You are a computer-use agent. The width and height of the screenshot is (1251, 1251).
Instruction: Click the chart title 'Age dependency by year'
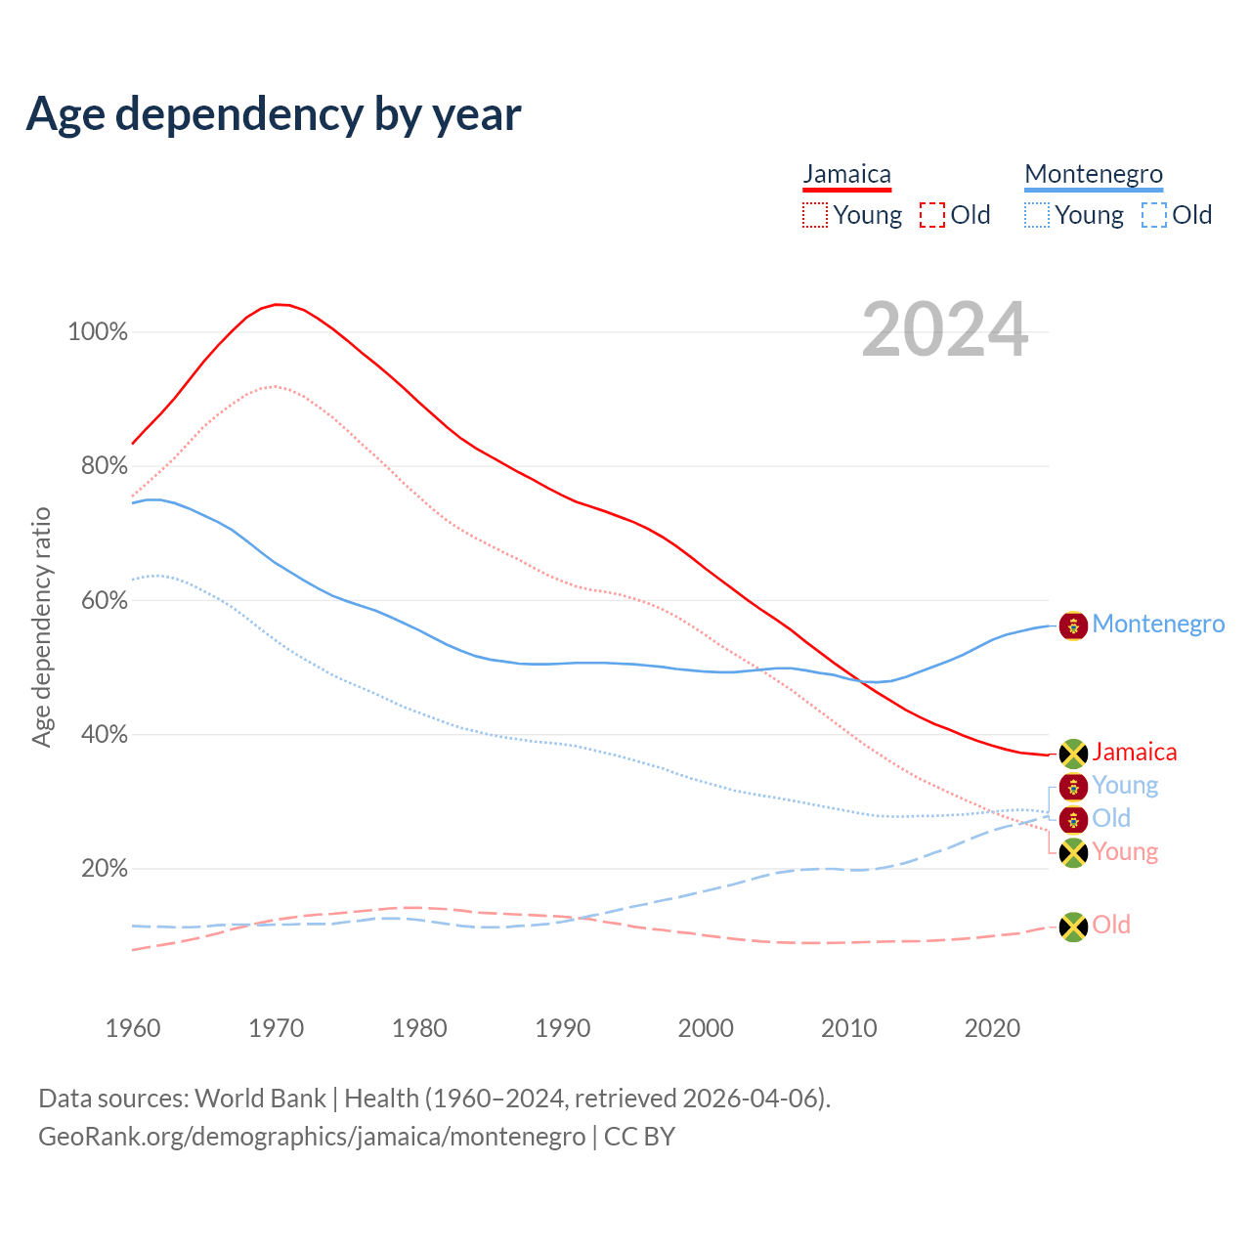(x=274, y=113)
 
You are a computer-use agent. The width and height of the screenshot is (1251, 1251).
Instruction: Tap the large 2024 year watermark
(x=944, y=329)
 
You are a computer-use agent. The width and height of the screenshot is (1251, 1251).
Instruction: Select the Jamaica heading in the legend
(x=846, y=175)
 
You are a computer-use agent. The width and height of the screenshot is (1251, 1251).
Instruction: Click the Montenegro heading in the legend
(x=1094, y=175)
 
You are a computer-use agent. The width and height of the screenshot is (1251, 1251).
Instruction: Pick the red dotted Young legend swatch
(x=815, y=215)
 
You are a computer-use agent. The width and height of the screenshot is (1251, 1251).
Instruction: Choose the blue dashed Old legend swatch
(x=1154, y=215)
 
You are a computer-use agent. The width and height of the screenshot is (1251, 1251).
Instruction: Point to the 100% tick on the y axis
(x=98, y=332)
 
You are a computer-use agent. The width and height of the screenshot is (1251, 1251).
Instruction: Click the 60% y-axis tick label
(x=104, y=600)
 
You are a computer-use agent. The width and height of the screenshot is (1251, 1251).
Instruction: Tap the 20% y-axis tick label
(x=104, y=869)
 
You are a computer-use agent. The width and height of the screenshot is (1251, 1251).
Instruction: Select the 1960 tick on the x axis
(x=133, y=1028)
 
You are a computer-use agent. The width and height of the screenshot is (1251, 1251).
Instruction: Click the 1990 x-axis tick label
(x=563, y=1028)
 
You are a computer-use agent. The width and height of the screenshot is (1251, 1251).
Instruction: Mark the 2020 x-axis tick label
(x=992, y=1028)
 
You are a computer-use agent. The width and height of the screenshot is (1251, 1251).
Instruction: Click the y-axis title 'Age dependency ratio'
(x=41, y=626)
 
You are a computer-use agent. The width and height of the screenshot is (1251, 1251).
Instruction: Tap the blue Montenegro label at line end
(x=1158, y=624)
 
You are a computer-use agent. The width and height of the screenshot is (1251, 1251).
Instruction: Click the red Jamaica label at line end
(x=1134, y=752)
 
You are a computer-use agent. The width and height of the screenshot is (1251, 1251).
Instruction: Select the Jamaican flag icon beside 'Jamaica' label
(x=1073, y=754)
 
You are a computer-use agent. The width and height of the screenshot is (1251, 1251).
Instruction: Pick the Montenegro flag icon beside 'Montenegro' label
(x=1073, y=625)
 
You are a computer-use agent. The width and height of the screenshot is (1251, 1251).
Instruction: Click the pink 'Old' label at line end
(x=1111, y=925)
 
